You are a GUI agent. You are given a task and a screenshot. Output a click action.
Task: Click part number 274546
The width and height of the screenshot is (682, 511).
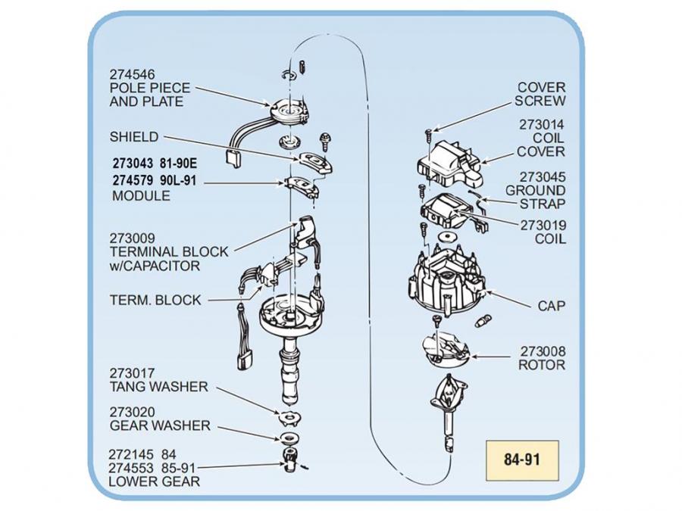click(x=133, y=75)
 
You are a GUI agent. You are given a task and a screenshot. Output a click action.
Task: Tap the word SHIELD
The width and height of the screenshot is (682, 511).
click(x=134, y=137)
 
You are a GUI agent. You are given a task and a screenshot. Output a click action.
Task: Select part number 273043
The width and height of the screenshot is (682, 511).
click(x=133, y=162)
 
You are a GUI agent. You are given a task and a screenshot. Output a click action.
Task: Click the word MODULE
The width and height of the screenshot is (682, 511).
click(x=141, y=196)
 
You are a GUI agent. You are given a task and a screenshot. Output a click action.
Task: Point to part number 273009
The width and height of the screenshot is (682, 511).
click(x=133, y=238)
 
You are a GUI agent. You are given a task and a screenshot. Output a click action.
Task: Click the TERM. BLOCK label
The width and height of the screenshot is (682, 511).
click(x=155, y=300)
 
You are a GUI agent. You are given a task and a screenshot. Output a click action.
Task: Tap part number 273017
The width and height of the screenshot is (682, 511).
click(x=133, y=373)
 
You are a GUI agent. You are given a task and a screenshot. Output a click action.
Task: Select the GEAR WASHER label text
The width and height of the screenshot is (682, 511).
click(x=160, y=425)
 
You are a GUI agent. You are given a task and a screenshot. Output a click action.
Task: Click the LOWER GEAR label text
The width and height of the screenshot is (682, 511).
click(x=155, y=481)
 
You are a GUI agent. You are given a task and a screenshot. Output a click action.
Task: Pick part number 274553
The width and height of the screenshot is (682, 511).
click(x=133, y=469)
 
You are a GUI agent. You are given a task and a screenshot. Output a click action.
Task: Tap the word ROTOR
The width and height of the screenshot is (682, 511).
click(x=541, y=365)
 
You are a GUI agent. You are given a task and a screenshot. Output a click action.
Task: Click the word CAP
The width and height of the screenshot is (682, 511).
click(x=551, y=307)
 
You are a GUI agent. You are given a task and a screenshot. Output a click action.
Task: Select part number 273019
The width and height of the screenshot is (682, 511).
click(x=543, y=226)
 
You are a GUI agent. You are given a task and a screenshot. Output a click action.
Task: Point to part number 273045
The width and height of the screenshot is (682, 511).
click(x=543, y=177)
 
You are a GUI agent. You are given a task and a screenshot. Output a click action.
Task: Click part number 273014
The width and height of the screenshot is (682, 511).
click(x=543, y=125)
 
